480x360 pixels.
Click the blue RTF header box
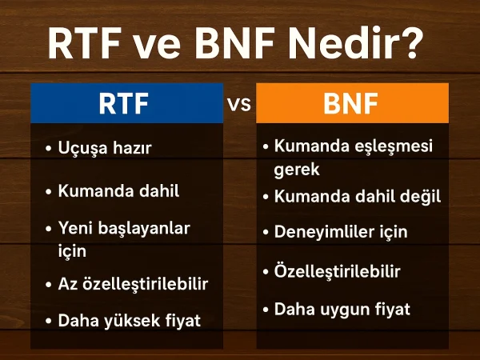tap(126, 104)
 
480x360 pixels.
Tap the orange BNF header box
tap(352, 104)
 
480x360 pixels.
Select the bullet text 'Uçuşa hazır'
tap(105, 148)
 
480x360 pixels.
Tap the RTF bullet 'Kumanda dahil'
tap(118, 191)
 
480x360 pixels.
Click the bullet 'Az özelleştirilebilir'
tap(133, 284)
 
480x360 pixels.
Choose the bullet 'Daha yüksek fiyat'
tap(128, 321)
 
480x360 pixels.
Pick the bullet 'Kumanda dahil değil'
tap(357, 196)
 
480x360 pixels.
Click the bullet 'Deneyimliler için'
tap(341, 232)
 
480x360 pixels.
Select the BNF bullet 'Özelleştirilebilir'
tap(337, 271)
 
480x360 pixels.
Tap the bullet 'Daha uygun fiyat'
tap(342, 308)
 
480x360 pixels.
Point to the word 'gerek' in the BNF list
tap(297, 169)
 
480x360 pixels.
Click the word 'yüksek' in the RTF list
tap(127, 321)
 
